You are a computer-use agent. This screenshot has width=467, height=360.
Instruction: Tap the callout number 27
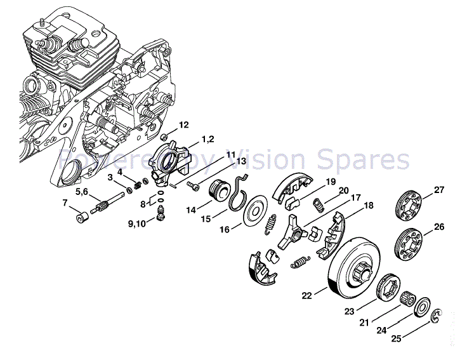439,190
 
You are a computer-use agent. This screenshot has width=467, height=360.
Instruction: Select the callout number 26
439,227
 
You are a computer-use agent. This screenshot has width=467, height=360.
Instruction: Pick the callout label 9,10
136,223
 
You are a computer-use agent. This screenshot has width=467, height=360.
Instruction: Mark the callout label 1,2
208,139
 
